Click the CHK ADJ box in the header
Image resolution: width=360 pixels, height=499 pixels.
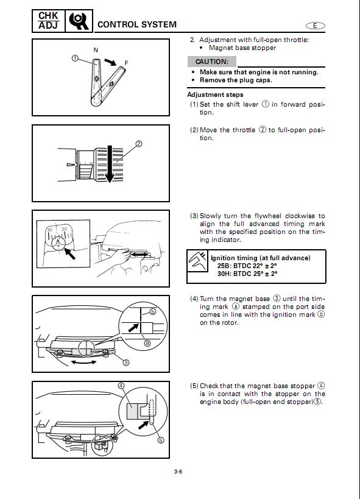(48, 21)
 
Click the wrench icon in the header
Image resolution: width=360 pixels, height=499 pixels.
(79, 21)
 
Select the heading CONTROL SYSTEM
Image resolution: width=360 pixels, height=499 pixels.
(137, 24)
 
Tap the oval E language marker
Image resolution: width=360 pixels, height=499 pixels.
(316, 26)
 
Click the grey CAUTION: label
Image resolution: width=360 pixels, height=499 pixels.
(212, 62)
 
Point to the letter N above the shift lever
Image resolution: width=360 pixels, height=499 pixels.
(96, 50)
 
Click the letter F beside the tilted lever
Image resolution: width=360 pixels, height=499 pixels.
(126, 63)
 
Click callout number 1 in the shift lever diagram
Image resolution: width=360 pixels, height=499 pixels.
(75, 58)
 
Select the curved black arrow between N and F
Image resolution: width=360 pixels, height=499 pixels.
(110, 62)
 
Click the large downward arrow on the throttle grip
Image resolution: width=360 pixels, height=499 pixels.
(110, 165)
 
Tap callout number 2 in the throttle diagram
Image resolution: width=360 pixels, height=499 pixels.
(139, 144)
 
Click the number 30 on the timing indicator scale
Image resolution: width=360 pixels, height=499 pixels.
(49, 230)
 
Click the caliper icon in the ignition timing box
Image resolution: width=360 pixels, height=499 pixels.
(197, 261)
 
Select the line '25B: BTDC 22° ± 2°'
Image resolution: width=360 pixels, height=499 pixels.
(247, 266)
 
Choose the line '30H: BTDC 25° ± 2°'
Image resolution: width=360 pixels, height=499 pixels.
(247, 274)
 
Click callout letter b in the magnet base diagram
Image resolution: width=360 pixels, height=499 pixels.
(153, 311)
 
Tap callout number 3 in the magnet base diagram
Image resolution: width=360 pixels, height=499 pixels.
(126, 363)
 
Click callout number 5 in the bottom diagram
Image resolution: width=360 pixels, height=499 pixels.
(161, 440)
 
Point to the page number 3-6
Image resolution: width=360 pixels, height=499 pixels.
(178, 472)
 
